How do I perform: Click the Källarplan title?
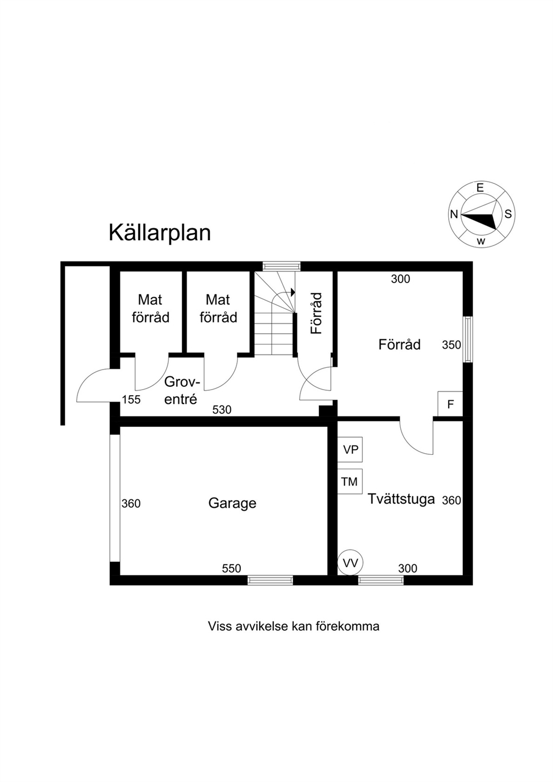tap(160, 233)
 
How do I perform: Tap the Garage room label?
tap(232, 504)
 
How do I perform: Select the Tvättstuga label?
tap(401, 499)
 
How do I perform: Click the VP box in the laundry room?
tap(350, 450)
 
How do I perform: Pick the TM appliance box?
tap(350, 482)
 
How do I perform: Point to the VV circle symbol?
tap(350, 563)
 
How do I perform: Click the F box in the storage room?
tap(450, 404)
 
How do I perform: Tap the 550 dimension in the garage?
tap(231, 569)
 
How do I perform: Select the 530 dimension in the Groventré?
tap(222, 410)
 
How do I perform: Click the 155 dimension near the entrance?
tap(131, 400)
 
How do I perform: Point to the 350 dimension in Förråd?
tap(452, 345)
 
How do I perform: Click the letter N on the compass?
tap(454, 215)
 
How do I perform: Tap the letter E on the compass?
tap(480, 188)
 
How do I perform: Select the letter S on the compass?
tap(508, 214)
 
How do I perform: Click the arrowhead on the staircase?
tap(293, 292)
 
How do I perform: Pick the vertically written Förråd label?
tap(316, 313)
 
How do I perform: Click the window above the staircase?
tap(282, 266)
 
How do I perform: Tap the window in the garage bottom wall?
tap(270, 580)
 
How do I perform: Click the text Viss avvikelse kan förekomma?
tap(294, 636)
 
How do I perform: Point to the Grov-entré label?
tap(182, 390)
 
